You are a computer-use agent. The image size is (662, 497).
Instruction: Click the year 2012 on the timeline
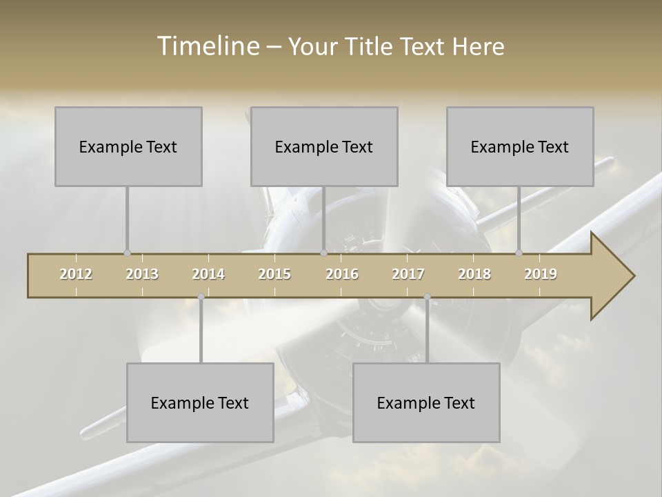coord(76,275)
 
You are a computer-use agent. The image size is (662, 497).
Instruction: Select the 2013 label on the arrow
coord(142,275)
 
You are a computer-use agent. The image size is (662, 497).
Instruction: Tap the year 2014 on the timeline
coord(208,275)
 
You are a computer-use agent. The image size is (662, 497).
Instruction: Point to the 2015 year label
coord(274,275)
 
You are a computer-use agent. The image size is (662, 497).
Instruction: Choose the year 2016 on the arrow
coord(342,275)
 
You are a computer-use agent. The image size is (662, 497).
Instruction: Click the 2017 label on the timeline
coord(408,275)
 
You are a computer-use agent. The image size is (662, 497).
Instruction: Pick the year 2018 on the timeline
coord(474,275)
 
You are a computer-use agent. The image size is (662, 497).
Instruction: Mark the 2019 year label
coord(541,275)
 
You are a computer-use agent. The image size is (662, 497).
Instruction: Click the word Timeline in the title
coord(207,46)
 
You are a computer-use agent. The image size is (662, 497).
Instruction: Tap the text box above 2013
coord(128,146)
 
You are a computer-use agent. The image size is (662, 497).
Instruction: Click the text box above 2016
coord(324,146)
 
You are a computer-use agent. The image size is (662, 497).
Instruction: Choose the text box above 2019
coord(520,146)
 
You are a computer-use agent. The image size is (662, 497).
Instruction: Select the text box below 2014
coord(200,402)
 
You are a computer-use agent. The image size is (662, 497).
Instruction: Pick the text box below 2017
coord(426,402)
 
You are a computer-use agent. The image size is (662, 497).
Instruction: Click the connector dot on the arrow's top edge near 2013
coord(127,253)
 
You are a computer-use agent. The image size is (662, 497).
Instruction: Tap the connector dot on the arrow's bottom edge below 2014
coord(201,297)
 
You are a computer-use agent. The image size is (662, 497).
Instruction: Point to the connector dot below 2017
coord(427,297)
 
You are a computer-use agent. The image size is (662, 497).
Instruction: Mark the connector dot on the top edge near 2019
coord(519,253)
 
